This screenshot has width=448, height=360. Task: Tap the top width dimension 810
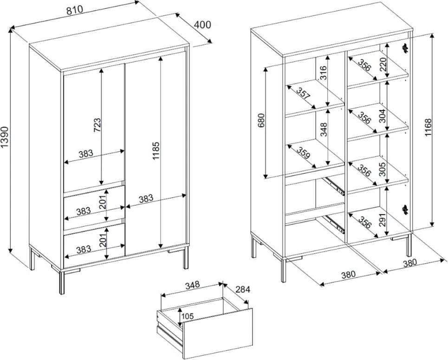(74, 10)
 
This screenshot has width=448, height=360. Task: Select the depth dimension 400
(202, 25)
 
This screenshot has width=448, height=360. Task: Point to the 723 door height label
(97, 125)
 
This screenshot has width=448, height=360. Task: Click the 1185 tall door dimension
(156, 150)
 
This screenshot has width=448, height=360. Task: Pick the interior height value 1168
(428, 127)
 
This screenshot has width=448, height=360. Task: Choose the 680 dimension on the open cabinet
(261, 120)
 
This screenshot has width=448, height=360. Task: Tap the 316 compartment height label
(323, 73)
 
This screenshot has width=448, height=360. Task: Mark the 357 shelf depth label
(303, 94)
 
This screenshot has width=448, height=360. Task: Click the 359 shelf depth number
(303, 153)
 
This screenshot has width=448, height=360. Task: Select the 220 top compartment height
(383, 65)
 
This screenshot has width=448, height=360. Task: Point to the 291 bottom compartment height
(383, 220)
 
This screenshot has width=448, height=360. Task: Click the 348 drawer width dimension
(193, 285)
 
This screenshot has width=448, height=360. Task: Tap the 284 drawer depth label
(243, 290)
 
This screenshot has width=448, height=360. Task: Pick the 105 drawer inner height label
(188, 316)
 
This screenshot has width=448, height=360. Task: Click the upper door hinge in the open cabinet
(404, 49)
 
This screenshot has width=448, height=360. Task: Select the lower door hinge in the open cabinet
(405, 210)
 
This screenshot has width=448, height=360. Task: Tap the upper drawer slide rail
(335, 186)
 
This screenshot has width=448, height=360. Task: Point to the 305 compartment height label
(383, 169)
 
